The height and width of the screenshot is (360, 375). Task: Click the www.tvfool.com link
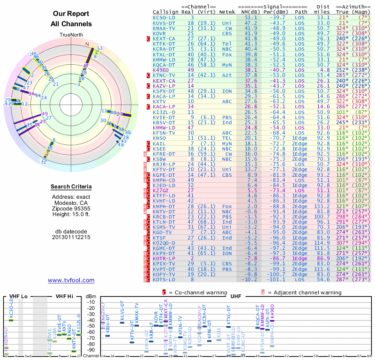coord(71,280)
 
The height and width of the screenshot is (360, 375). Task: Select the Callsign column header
coord(165,11)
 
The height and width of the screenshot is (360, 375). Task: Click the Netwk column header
coord(227,11)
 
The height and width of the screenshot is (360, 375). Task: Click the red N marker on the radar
coord(87,45)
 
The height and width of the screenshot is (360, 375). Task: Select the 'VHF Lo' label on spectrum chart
coord(18,296)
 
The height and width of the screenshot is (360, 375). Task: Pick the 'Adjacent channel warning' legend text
coord(301,292)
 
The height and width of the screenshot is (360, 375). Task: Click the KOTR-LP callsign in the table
coord(164,258)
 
